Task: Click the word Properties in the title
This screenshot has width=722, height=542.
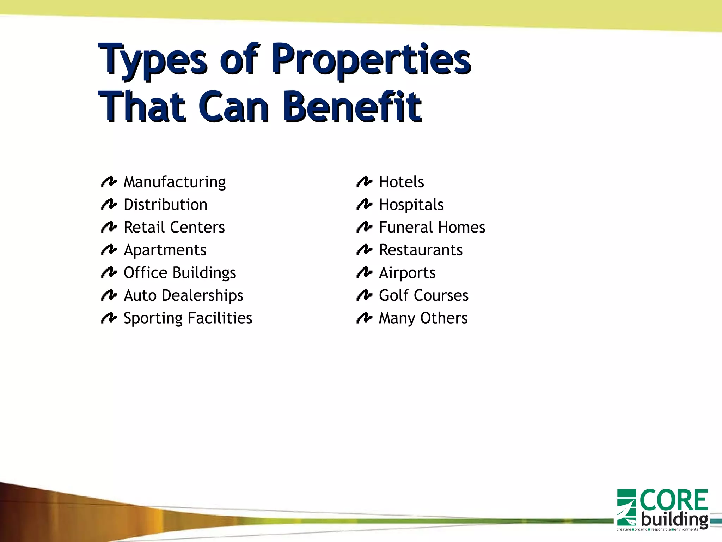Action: [x=371, y=59]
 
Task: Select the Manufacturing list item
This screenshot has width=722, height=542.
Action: [x=175, y=182]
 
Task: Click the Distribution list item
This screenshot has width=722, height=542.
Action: [x=165, y=205]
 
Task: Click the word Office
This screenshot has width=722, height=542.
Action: [x=145, y=273]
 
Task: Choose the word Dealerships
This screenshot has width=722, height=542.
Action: [x=202, y=296]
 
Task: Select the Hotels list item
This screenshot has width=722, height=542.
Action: [x=401, y=182]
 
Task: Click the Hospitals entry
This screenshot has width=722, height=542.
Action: [x=411, y=205]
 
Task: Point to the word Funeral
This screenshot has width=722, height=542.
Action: [x=405, y=228]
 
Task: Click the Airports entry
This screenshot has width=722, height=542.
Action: [x=407, y=273]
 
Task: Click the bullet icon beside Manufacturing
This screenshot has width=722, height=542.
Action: [x=109, y=182]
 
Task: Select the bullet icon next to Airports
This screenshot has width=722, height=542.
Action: [x=364, y=272]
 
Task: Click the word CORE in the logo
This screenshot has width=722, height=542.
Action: [x=674, y=500]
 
